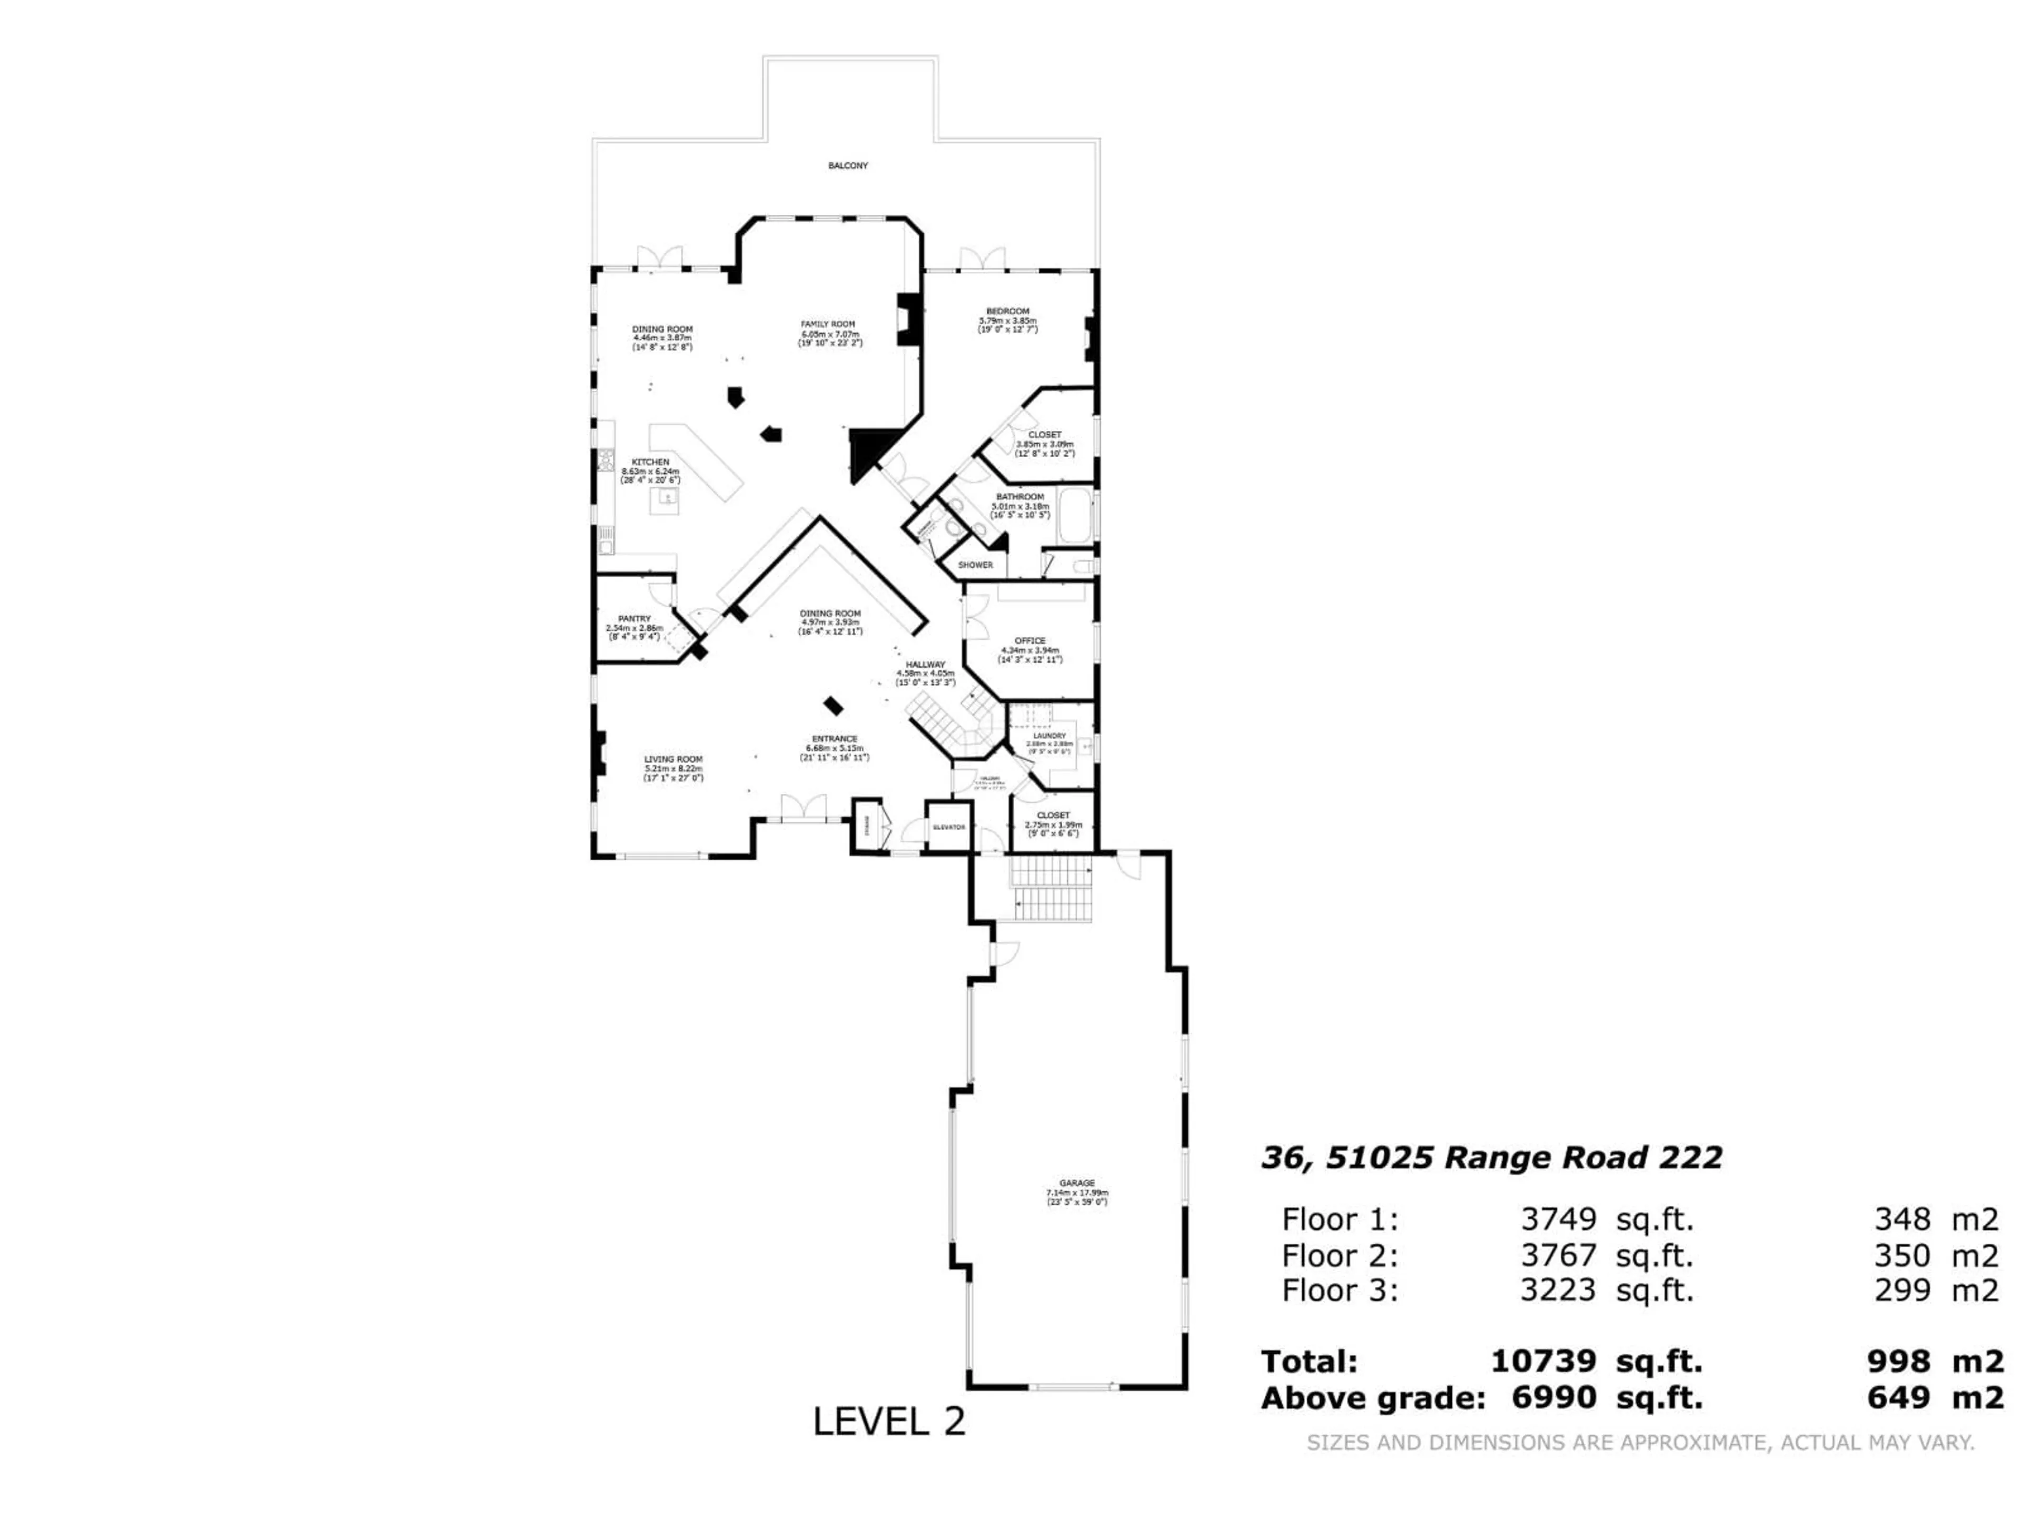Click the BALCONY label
coord(847,165)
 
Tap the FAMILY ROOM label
coord(827,324)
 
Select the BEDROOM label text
coord(1007,311)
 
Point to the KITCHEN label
coord(651,462)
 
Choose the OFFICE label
coord(1029,641)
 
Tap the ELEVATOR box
coord(948,826)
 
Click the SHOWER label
coord(975,565)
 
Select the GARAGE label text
coord(1077,1183)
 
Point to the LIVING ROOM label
coord(673,759)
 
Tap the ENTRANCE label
coord(834,739)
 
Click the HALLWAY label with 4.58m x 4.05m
coord(925,665)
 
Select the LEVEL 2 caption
coord(888,1421)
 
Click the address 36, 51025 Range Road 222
coord(1491,1158)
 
